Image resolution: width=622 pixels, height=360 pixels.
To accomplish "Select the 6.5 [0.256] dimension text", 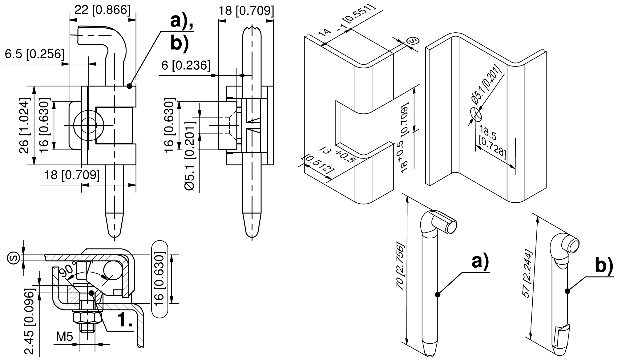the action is [34, 54].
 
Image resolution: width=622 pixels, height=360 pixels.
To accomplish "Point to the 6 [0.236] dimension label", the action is [186, 65].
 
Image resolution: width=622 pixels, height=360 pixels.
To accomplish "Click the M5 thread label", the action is [65, 337].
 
